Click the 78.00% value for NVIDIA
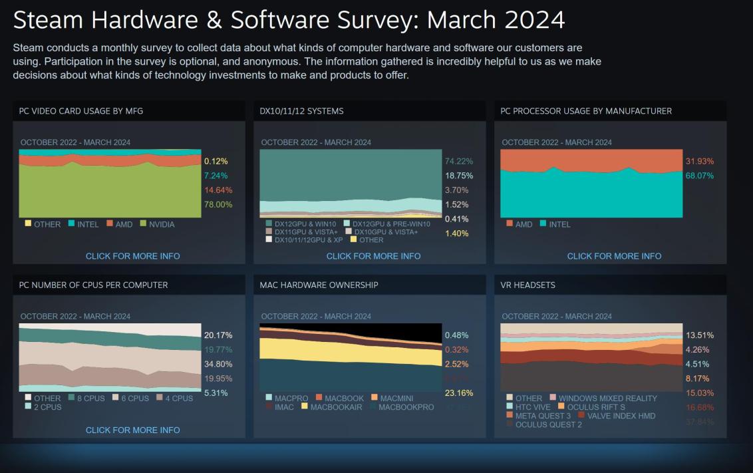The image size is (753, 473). coord(218,205)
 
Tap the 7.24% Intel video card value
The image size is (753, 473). coord(216,176)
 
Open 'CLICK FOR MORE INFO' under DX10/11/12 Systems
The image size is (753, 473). coord(373,256)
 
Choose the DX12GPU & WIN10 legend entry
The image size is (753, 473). coord(306,224)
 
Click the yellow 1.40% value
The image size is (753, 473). coord(457,234)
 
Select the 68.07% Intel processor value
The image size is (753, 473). coord(699,176)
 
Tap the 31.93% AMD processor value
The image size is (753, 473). coord(699,161)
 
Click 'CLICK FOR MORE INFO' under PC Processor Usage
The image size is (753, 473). coord(614,256)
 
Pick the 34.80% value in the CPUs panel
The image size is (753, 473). coord(218,364)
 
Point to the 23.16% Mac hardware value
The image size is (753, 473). coord(458,393)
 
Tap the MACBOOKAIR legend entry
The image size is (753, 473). coord(336,407)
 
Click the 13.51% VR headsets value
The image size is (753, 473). coord(699,335)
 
